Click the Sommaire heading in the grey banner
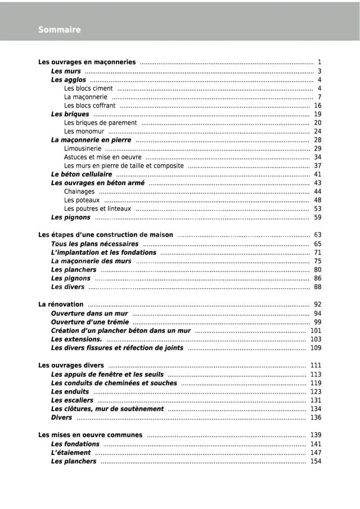pyautogui.click(x=60, y=30)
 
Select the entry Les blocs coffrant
pyautogui.click(x=89, y=106)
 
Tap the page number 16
pyautogui.click(x=318, y=106)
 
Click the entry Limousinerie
pyautogui.click(x=83, y=148)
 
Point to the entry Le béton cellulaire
pyautogui.click(x=82, y=174)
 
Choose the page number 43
pyautogui.click(x=318, y=183)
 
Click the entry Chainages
pyautogui.click(x=79, y=192)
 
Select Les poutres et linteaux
pyautogui.click(x=97, y=209)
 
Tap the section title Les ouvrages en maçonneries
pyautogui.click(x=87, y=62)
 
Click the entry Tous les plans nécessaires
pyautogui.click(x=94, y=244)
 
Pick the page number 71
pyautogui.click(x=318, y=253)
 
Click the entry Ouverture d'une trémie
pyautogui.click(x=90, y=322)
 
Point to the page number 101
pyautogui.click(x=316, y=331)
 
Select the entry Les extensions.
pyautogui.click(x=76, y=340)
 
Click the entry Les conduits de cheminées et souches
pyautogui.click(x=114, y=383)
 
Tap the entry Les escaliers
pyautogui.click(x=72, y=400)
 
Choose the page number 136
pyautogui.click(x=316, y=418)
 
